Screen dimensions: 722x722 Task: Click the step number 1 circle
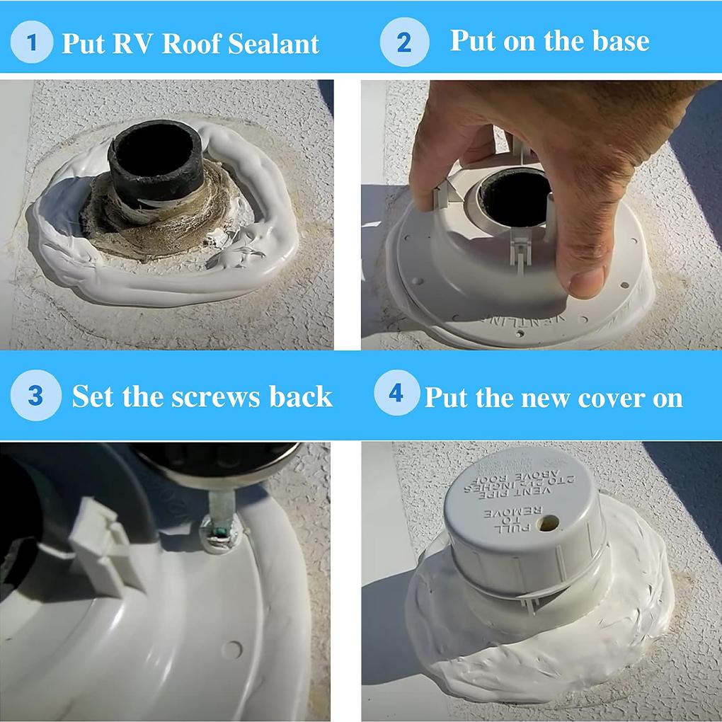[x=31, y=42]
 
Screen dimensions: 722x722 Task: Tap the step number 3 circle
[x=34, y=395]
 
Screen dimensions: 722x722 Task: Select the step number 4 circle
[x=396, y=393]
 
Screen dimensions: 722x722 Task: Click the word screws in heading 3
[x=217, y=396]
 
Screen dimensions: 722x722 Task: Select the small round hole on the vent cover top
[x=548, y=525]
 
